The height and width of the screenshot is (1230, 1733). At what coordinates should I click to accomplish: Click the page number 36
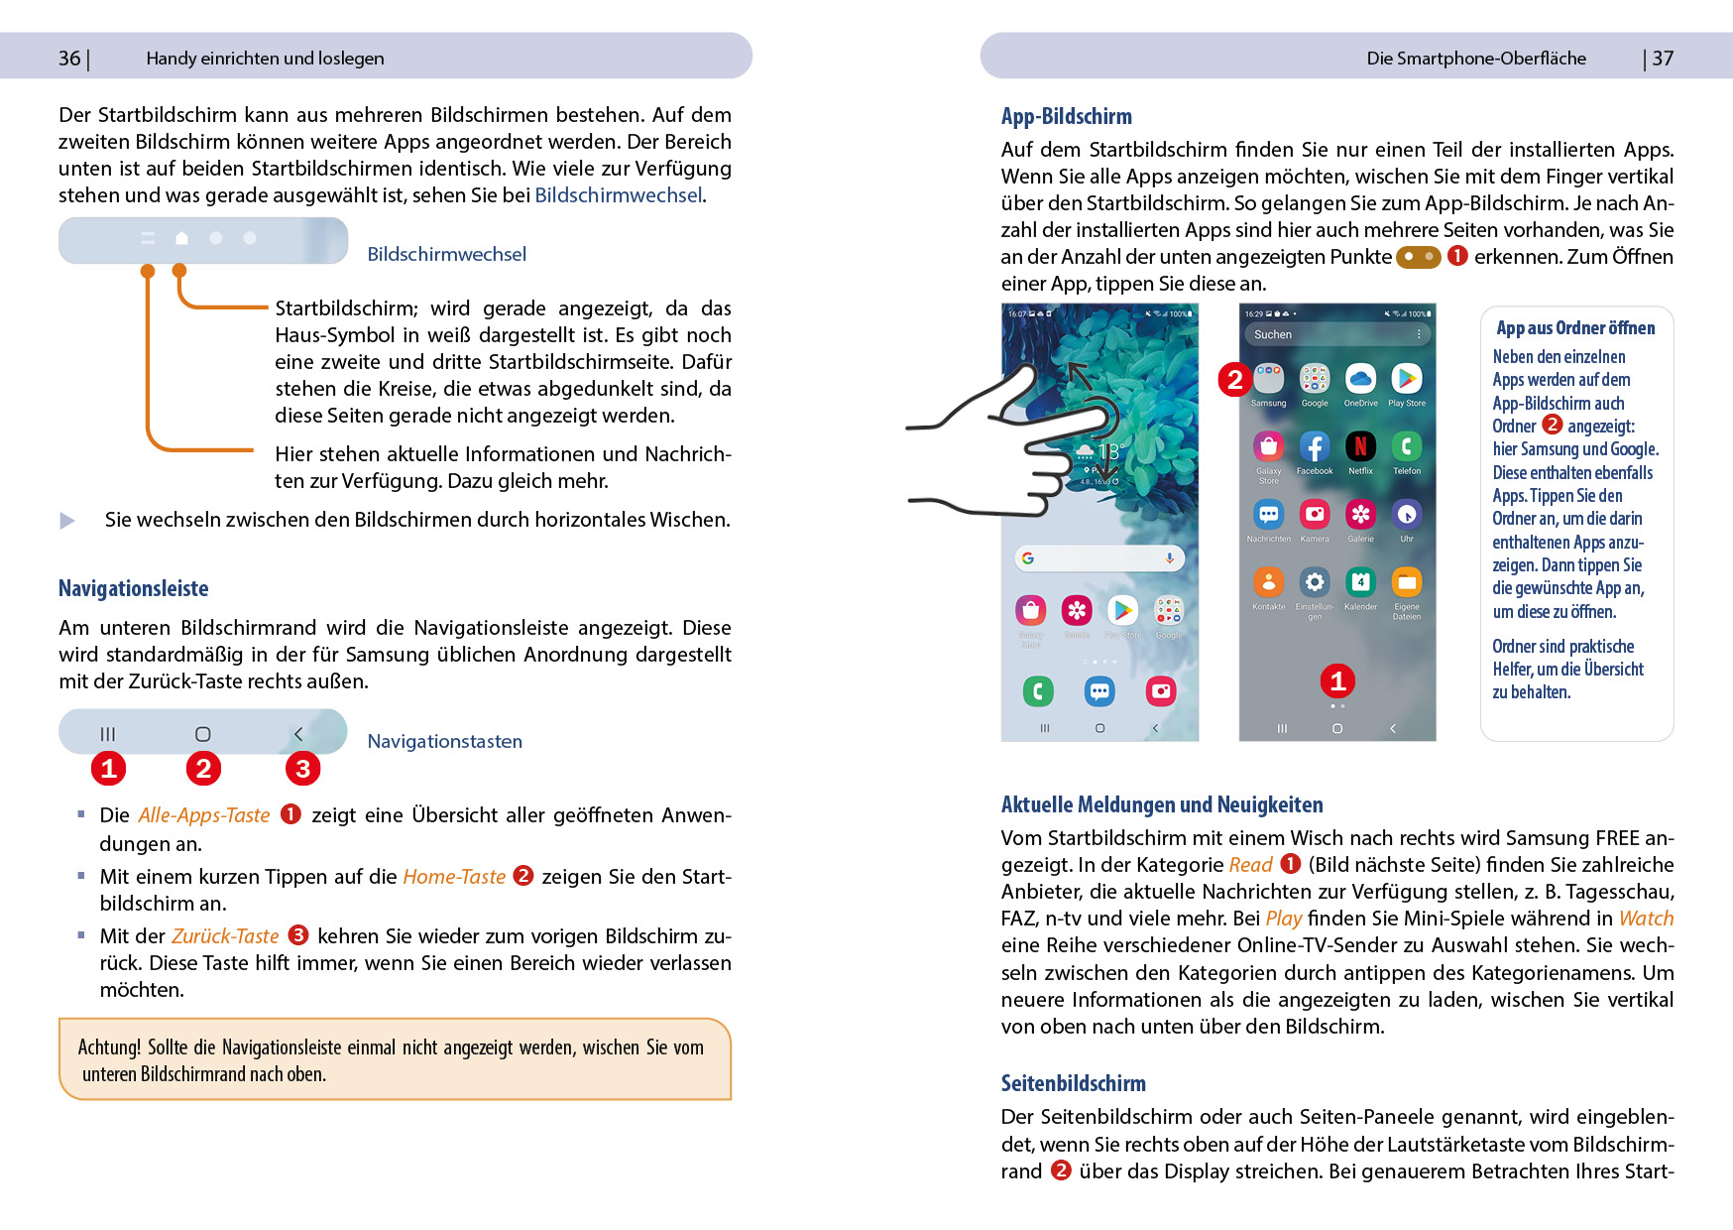point(69,59)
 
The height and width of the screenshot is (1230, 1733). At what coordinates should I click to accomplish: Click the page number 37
point(1663,59)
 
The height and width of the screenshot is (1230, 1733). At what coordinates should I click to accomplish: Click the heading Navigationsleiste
point(133,588)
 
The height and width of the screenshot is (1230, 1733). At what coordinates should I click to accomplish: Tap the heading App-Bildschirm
point(1066,116)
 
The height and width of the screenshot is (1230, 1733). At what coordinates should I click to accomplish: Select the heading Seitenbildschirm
point(1073,1083)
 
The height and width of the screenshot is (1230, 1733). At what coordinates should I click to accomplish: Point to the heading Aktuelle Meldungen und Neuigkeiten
point(1161,804)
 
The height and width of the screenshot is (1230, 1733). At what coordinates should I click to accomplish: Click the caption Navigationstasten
point(444,741)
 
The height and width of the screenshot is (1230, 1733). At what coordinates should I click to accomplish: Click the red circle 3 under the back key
point(302,768)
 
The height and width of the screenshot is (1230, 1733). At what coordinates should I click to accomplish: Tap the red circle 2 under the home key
point(203,768)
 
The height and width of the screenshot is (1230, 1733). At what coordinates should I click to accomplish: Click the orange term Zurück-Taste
point(225,935)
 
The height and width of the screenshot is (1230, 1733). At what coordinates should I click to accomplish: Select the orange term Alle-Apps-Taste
point(203,814)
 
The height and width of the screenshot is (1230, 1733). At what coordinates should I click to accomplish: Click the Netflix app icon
point(1360,446)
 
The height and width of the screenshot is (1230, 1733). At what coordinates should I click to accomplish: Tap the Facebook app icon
point(1315,446)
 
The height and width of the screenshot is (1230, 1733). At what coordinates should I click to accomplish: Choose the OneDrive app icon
point(1360,378)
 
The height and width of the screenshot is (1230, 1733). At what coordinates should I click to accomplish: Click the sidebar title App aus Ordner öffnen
point(1575,327)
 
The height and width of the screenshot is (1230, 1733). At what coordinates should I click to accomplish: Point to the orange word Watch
point(1646,919)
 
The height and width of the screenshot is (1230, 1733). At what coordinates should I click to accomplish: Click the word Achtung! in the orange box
point(109,1047)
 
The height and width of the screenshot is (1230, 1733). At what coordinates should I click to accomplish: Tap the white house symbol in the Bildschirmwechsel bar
point(181,238)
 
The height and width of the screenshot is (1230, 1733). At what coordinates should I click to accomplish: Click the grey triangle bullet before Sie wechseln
point(67,521)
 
